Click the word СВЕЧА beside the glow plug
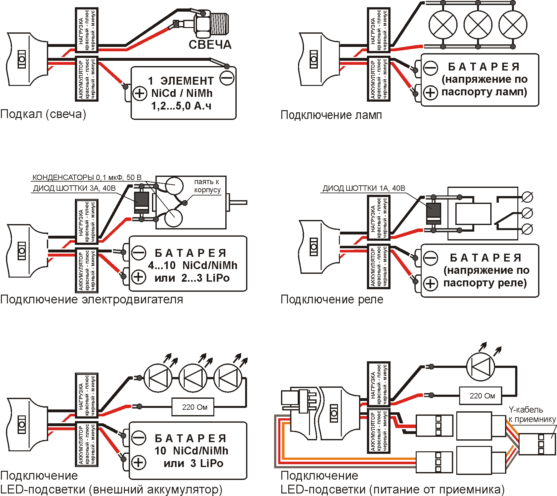210,45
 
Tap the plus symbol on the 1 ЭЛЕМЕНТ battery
139,93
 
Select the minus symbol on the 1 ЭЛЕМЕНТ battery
227,78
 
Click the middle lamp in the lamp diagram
478,25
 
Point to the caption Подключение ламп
331,115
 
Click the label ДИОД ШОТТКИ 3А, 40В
74,189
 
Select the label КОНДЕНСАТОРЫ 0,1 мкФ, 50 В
87,178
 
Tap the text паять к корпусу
207,186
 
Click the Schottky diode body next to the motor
141,202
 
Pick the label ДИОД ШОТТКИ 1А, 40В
364,189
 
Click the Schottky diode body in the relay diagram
433,213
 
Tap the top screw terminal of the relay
527,198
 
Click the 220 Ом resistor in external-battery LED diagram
194,407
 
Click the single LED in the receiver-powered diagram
480,367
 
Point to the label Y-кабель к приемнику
532,414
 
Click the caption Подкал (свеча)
43,114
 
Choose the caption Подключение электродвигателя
92,299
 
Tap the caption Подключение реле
332,299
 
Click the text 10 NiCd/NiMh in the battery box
191,451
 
